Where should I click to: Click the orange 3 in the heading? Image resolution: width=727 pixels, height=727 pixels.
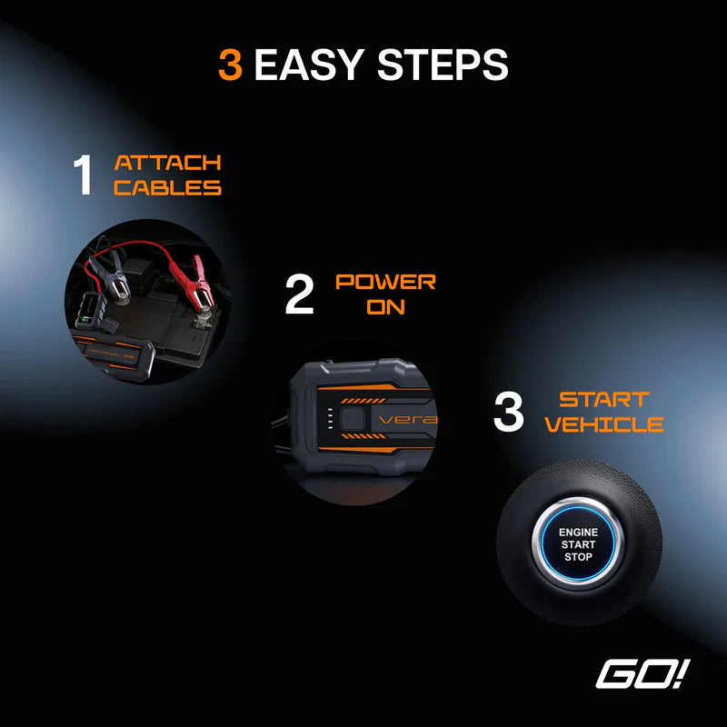coord(230,65)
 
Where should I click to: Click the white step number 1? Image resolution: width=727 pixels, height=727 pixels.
coord(83,175)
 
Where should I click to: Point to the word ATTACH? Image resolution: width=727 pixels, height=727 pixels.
coord(167,164)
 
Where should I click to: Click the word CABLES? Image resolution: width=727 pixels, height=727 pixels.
coord(167,188)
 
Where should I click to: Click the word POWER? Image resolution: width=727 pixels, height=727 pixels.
coord(385,283)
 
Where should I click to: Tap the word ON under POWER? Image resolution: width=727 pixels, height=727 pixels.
coord(385,307)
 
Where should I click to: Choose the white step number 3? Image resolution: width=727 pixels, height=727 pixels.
coord(509,412)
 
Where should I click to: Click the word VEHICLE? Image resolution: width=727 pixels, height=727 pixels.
coord(603,424)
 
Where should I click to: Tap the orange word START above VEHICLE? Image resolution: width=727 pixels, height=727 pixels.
coord(603,400)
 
